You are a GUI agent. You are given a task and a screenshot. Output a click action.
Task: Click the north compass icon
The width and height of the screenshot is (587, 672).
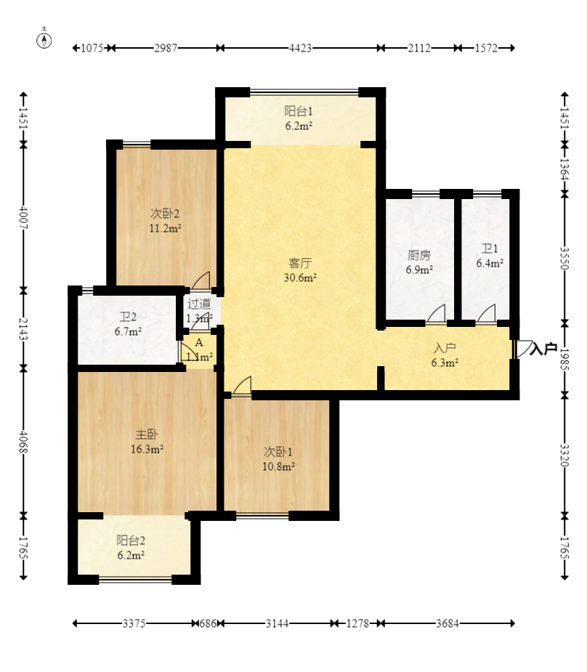point(44,39)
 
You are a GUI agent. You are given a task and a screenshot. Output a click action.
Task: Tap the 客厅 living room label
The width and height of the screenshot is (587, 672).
point(300,263)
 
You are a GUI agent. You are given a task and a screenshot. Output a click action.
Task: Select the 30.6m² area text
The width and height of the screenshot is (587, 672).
point(300,278)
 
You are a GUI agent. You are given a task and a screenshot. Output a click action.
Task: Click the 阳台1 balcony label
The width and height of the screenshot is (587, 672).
point(299,111)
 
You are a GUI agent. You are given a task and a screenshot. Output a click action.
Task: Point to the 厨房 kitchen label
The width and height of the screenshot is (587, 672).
point(419,256)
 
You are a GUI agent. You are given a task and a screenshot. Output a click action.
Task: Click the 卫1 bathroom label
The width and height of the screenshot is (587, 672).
point(490,248)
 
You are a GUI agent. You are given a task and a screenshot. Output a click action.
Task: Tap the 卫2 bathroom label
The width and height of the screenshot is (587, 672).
point(128,317)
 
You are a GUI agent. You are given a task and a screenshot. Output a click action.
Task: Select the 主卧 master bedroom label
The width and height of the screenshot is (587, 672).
point(147,434)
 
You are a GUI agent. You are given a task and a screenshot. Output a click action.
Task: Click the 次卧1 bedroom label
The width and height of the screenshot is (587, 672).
point(278,452)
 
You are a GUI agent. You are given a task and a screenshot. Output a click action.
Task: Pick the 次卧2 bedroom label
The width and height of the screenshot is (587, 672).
point(165,214)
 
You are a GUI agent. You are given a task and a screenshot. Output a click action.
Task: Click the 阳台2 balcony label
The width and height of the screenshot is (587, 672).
point(131,541)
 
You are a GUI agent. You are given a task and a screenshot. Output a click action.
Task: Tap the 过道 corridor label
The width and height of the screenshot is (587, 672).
point(199,304)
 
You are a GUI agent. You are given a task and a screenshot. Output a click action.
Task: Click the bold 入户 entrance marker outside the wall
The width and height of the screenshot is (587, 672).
point(543,349)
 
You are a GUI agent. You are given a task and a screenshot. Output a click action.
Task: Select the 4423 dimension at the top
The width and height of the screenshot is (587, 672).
point(300,48)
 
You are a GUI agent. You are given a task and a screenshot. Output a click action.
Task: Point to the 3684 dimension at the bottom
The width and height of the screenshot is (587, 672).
point(448,623)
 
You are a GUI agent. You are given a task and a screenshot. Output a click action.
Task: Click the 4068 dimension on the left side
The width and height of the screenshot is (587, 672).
point(23,442)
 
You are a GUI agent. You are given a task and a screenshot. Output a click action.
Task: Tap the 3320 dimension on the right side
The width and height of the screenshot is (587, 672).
point(564,455)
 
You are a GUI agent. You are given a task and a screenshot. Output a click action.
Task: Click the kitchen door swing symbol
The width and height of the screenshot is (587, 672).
point(436,313)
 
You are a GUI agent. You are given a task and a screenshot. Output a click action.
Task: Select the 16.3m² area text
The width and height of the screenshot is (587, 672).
point(147,450)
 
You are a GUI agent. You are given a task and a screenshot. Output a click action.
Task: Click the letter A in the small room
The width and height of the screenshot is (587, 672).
point(199,343)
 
